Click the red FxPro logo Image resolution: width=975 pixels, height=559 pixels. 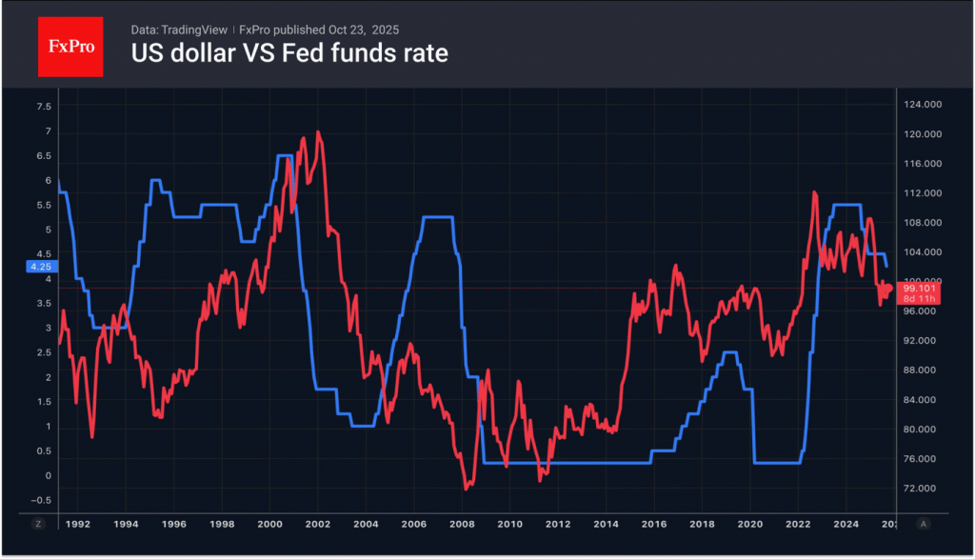click(70, 45)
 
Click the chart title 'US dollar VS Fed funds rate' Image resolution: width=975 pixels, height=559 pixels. click(289, 53)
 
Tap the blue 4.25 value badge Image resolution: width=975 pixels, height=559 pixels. click(40, 268)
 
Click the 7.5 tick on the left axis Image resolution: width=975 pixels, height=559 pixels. click(43, 107)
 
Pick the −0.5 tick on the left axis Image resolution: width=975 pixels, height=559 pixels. click(41, 500)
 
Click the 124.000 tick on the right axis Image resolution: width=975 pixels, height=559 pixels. click(923, 105)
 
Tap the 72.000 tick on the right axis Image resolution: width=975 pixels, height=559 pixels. click(923, 489)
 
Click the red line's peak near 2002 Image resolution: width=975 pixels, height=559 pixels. click(318, 132)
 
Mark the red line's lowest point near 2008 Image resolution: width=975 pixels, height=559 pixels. click(467, 489)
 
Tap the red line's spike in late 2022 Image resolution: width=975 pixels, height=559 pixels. click(815, 192)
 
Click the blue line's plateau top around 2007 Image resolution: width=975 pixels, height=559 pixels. click(437, 218)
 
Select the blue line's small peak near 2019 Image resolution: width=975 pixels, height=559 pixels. click(730, 352)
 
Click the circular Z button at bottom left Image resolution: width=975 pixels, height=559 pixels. click(39, 524)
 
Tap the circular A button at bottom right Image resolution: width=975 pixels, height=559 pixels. click(924, 524)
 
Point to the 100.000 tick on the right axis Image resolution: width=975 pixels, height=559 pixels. click(923, 282)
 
